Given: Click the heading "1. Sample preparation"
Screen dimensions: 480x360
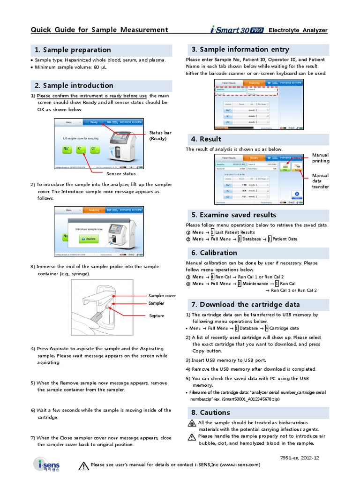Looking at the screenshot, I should tap(72, 50).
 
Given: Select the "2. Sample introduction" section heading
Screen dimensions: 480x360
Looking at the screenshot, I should tap(74, 86).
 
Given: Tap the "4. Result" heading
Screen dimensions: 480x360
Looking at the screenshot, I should tap(206, 139).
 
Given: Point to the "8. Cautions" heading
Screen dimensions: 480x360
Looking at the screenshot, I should tap(210, 412).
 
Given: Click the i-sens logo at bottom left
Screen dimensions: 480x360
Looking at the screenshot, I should tap(46, 464).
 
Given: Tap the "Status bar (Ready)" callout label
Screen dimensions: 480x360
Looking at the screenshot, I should tap(160, 135).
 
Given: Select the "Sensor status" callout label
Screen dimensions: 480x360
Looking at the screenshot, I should tap(121, 174).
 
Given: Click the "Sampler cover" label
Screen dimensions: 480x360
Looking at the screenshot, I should tap(162, 296).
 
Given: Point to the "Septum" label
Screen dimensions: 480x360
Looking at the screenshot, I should tap(157, 316).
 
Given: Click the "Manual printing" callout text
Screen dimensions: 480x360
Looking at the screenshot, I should tap(321, 158).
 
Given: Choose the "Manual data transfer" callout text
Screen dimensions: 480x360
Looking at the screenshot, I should tap(321, 181).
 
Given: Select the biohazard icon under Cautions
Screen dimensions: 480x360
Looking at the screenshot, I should tap(191, 423).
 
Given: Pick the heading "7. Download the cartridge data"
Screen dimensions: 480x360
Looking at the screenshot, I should tap(246, 305).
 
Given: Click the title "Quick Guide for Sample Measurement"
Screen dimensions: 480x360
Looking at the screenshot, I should tap(99, 30).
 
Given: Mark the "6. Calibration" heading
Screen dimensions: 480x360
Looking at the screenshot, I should tap(214, 253).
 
